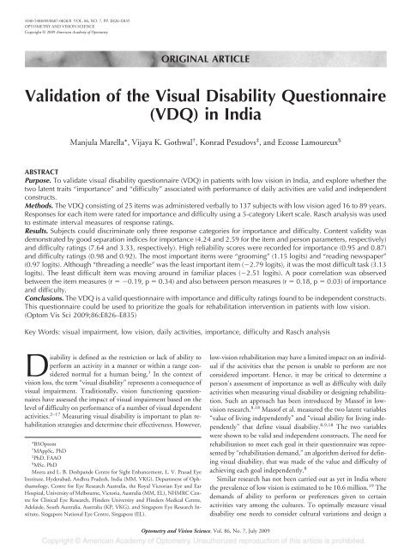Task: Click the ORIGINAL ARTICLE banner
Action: tap(205, 58)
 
